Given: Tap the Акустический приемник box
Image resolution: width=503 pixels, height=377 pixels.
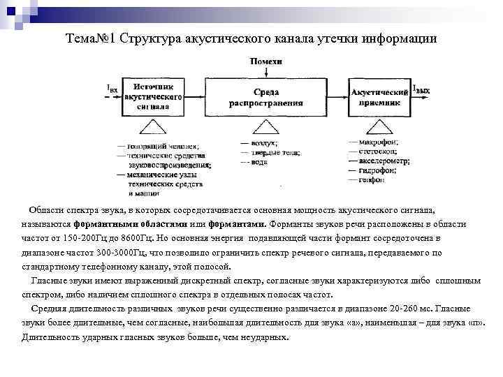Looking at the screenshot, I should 379,96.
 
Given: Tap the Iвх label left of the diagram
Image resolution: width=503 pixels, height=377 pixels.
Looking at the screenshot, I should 111,89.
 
